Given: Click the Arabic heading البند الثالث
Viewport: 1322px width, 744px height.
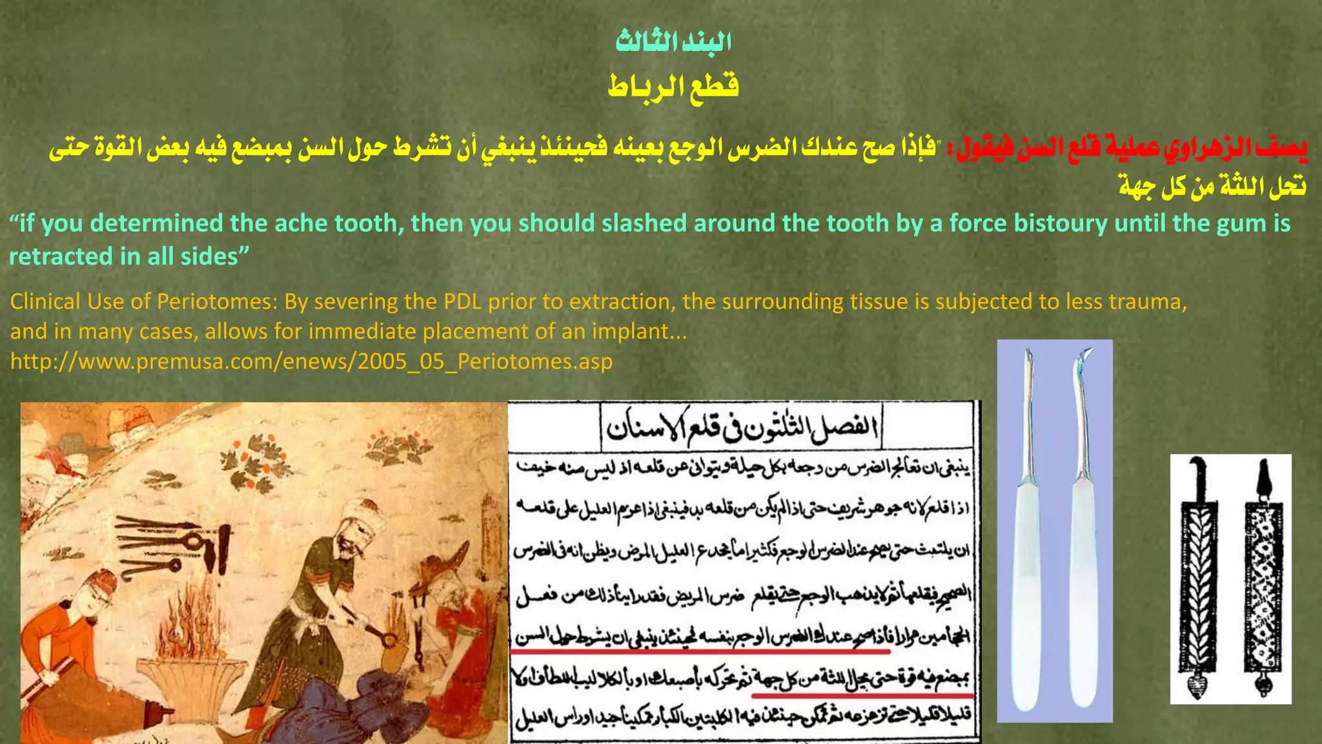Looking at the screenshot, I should click(673, 42).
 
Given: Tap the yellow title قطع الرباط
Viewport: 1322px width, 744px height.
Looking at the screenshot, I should click(673, 86).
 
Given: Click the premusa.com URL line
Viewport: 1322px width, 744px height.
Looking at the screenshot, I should click(311, 361).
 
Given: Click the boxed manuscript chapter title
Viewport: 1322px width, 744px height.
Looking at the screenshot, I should click(742, 427).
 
